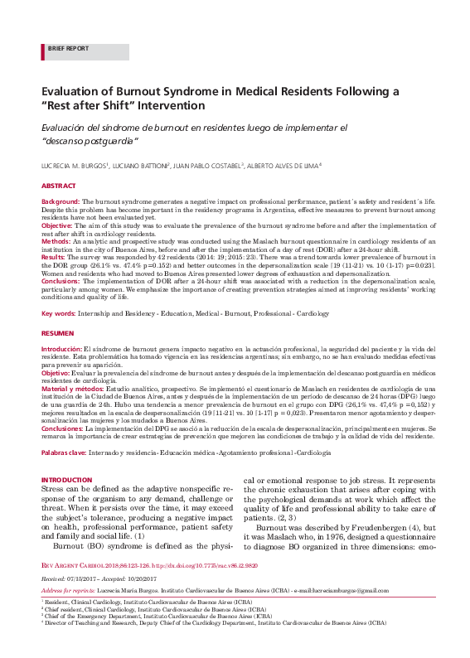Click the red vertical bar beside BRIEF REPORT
click(x=42, y=49)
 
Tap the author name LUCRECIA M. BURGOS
click(x=74, y=167)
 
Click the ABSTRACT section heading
click(x=58, y=186)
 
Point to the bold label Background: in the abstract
click(x=61, y=201)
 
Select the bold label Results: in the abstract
click(x=56, y=258)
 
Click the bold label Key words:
click(x=59, y=314)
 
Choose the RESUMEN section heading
click(x=57, y=331)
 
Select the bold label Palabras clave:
click(x=64, y=454)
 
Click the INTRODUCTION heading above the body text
click(x=66, y=480)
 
